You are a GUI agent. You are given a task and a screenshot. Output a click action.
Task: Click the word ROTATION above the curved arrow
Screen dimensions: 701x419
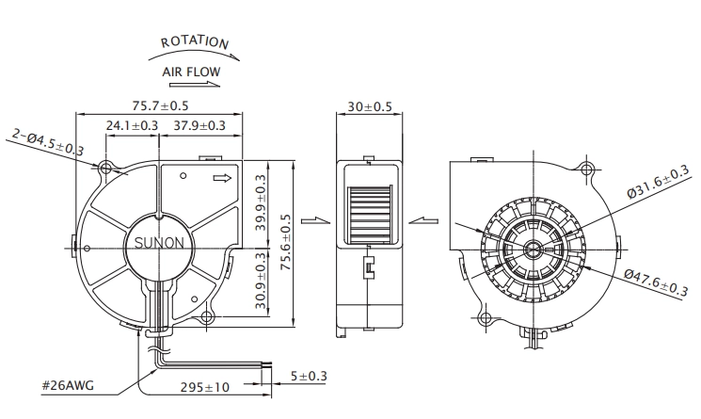195,42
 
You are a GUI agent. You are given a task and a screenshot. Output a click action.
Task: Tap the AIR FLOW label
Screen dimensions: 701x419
191,72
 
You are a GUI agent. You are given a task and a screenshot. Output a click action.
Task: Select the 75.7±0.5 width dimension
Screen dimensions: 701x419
161,106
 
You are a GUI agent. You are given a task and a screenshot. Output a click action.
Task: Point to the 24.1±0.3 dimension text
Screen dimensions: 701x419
132,125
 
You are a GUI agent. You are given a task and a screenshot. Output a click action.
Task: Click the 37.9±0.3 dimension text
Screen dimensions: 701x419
199,125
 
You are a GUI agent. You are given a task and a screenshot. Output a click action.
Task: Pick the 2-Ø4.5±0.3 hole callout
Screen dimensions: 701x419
48,142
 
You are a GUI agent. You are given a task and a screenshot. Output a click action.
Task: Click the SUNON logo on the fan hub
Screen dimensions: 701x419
159,243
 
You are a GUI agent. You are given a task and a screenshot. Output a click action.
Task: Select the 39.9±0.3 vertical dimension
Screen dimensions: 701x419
261,202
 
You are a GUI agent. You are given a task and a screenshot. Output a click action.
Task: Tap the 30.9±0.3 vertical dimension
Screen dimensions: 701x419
261,281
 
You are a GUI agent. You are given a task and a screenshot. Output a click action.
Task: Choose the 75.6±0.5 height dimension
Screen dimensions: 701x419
285,242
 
